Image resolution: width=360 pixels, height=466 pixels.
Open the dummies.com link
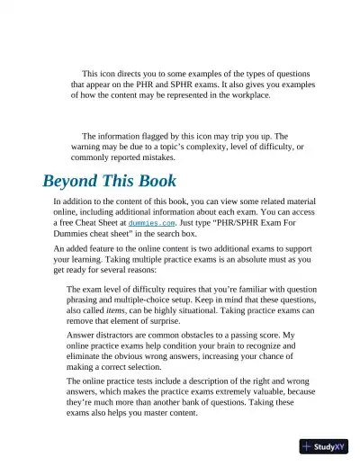[148, 221]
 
